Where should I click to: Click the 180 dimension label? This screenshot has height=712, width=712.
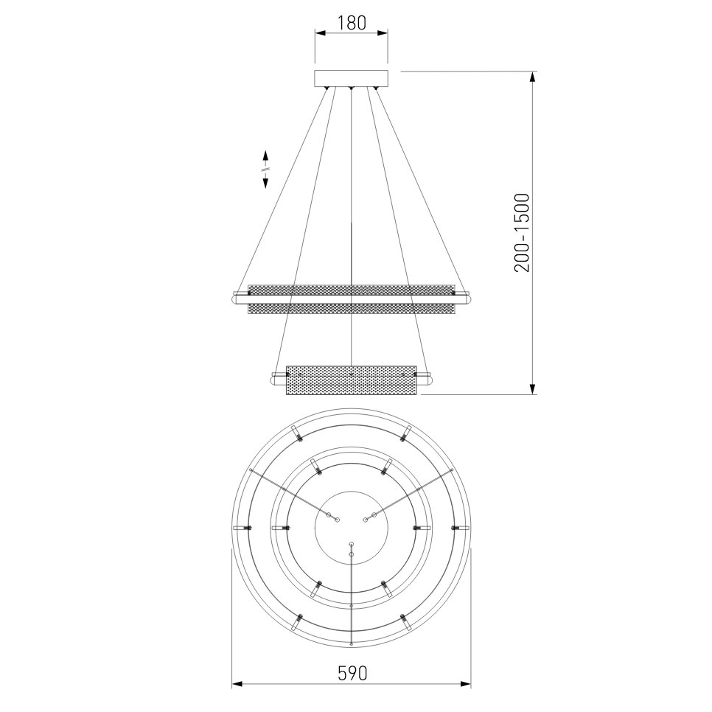tap(352, 23)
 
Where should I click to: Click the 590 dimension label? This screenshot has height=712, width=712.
tap(352, 672)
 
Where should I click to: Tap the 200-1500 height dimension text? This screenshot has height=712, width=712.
tap(523, 233)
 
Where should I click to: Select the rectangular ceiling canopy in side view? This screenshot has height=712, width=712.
tap(352, 78)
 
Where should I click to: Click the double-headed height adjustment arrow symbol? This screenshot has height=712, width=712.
tap(265, 170)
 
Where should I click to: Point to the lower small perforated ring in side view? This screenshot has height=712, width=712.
tap(352, 379)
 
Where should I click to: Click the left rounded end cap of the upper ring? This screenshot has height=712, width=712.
tap(237, 300)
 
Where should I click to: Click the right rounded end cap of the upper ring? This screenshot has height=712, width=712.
tap(466, 300)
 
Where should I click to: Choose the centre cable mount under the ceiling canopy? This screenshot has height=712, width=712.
tap(352, 89)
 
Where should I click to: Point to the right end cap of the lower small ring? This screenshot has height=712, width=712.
tap(427, 379)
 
